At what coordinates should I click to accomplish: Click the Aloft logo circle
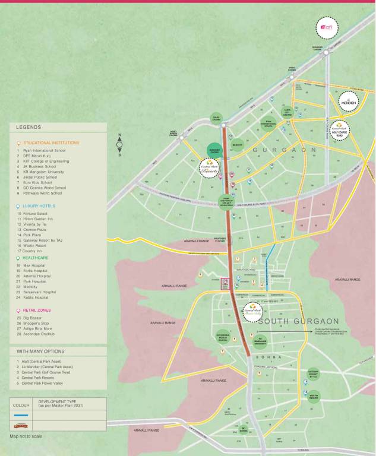329,27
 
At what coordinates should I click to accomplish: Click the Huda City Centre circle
287,113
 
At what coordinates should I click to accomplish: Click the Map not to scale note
26,436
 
